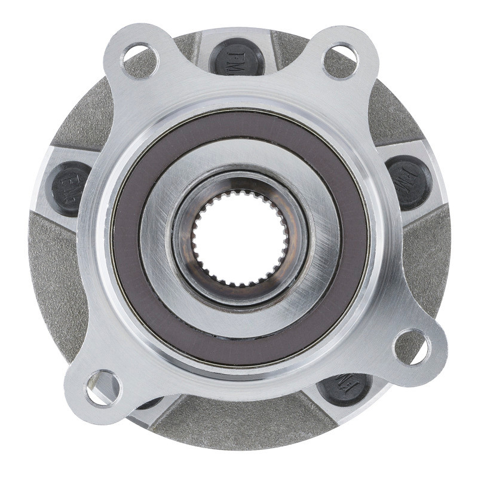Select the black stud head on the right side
[x=410, y=182]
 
